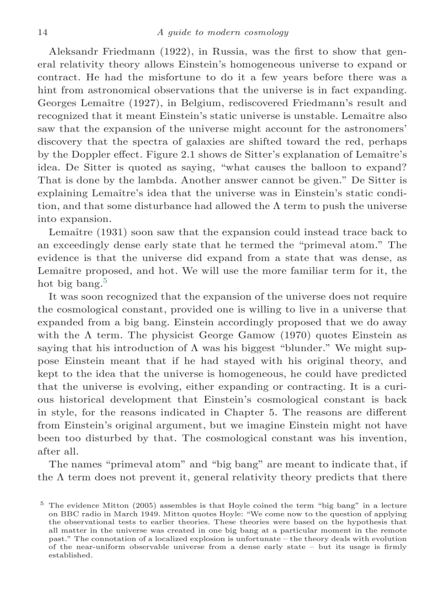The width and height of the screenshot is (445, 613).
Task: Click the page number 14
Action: pyautogui.click(x=42, y=32)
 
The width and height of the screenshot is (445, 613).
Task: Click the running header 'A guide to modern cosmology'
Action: pyautogui.click(x=222, y=32)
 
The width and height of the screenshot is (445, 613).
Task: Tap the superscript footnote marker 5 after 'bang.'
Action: pyautogui.click(x=104, y=280)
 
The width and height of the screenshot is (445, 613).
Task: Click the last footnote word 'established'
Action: pyautogui.click(x=70, y=555)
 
